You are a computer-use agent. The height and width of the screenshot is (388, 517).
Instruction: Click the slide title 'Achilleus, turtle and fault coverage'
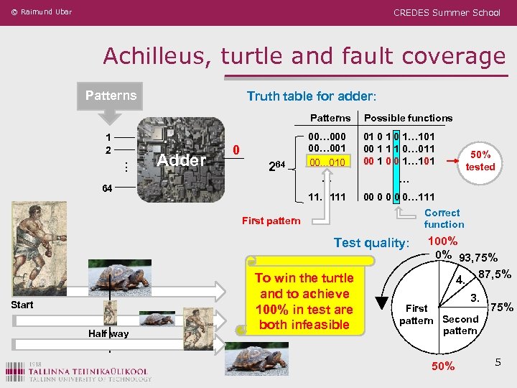click(x=304, y=56)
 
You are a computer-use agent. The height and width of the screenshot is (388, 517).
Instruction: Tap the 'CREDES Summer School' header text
click(x=447, y=12)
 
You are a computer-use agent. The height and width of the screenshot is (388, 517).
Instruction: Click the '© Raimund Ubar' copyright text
click(x=42, y=12)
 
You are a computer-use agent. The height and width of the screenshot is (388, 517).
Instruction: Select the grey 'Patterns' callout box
click(x=111, y=96)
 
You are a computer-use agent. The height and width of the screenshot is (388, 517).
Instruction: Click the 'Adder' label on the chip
click(x=182, y=160)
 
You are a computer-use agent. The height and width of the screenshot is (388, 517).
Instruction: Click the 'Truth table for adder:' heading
click(x=311, y=96)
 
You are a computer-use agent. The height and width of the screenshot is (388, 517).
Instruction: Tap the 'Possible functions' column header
click(x=409, y=118)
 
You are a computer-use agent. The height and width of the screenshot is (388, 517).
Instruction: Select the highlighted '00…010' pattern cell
click(x=327, y=162)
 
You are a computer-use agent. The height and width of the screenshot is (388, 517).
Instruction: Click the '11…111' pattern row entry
click(x=327, y=197)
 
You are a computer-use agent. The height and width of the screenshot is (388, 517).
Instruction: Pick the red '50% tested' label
click(x=480, y=160)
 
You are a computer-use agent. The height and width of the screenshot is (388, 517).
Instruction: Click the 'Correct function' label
click(x=443, y=218)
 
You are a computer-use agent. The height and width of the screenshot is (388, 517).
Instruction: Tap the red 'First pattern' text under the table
click(x=271, y=221)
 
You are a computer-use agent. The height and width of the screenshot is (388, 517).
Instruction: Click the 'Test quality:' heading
click(x=371, y=243)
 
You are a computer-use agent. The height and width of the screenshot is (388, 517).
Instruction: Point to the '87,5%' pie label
click(x=494, y=274)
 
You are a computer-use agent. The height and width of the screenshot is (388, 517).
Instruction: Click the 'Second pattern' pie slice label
click(x=460, y=325)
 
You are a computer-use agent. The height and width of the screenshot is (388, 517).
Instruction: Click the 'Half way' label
click(x=109, y=333)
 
